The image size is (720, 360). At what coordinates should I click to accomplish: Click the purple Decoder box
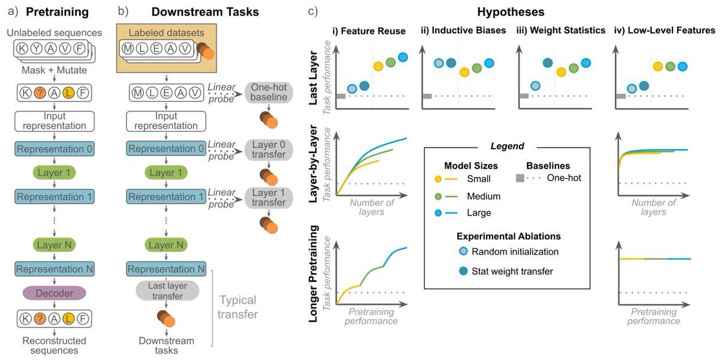[55, 293]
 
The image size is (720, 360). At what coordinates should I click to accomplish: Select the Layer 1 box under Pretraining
[55, 173]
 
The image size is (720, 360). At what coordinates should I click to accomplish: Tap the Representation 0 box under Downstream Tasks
[166, 149]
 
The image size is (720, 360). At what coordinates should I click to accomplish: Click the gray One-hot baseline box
[269, 92]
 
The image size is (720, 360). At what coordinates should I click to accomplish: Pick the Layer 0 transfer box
[269, 150]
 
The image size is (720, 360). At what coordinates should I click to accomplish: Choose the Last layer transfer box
[167, 290]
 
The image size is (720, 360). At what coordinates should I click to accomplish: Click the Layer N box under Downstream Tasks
[166, 245]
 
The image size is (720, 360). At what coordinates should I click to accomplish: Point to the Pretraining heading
[57, 12]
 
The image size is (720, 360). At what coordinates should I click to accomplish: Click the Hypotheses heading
[511, 12]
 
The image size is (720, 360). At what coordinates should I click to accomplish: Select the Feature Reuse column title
[369, 31]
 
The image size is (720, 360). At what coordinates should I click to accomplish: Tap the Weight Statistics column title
[561, 31]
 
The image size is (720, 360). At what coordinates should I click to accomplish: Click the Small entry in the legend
[479, 179]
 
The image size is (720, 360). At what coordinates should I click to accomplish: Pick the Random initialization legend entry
[515, 251]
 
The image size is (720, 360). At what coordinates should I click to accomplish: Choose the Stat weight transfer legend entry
[512, 271]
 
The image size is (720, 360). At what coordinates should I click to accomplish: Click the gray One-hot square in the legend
[520, 178]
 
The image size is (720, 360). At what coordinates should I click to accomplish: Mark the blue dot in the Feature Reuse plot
[403, 58]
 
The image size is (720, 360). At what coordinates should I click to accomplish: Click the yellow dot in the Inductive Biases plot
[464, 72]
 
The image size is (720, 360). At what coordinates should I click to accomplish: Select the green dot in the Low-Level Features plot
[670, 67]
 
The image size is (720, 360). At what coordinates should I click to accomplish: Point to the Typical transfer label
[238, 307]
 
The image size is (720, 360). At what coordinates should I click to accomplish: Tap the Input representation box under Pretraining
[55, 121]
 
